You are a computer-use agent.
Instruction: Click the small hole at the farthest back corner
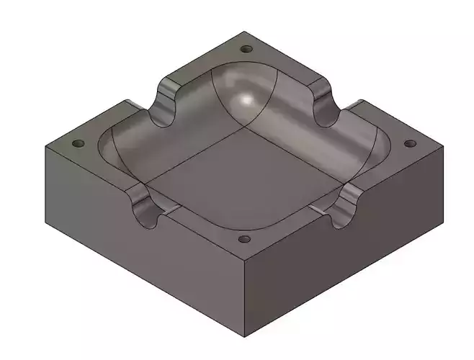point(246,50)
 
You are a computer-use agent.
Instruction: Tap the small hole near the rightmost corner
point(411,143)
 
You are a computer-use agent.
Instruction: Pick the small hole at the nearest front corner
point(245,238)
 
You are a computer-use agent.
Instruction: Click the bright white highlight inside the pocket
point(249,101)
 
